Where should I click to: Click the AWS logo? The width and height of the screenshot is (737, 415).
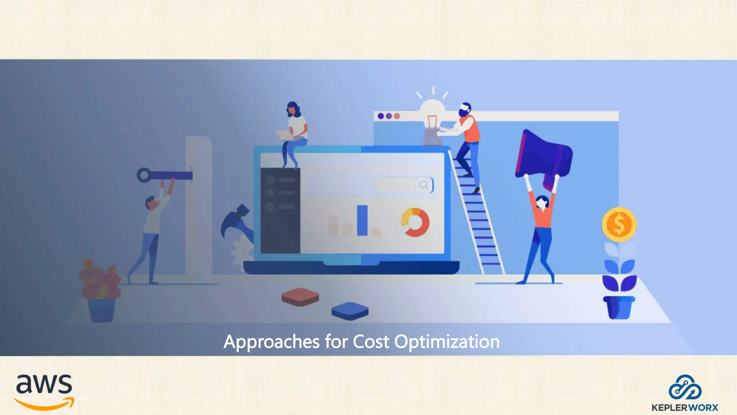pos(44,392)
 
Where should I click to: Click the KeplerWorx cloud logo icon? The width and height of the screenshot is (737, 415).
pos(685,388)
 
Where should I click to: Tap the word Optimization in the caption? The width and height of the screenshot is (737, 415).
pos(447,342)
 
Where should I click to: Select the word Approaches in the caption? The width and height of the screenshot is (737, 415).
pos(272,342)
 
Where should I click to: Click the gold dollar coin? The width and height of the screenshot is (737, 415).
pos(619,224)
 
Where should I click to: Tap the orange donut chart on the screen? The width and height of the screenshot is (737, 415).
pos(415,222)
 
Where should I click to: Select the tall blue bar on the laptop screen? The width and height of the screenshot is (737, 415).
pos(362,220)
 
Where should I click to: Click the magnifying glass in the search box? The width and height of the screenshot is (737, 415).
pos(424,185)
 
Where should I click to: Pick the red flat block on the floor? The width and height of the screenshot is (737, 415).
pos(300,297)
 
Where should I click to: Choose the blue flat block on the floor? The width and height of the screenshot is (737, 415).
pos(350,311)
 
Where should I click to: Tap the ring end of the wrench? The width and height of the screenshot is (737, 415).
pos(144,175)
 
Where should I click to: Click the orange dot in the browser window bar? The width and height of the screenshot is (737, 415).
pos(397,116)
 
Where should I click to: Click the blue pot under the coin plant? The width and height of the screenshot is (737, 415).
pos(619,307)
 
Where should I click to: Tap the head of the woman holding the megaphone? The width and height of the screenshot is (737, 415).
pos(542,202)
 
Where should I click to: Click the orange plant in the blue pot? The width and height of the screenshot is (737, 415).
pos(99,279)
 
